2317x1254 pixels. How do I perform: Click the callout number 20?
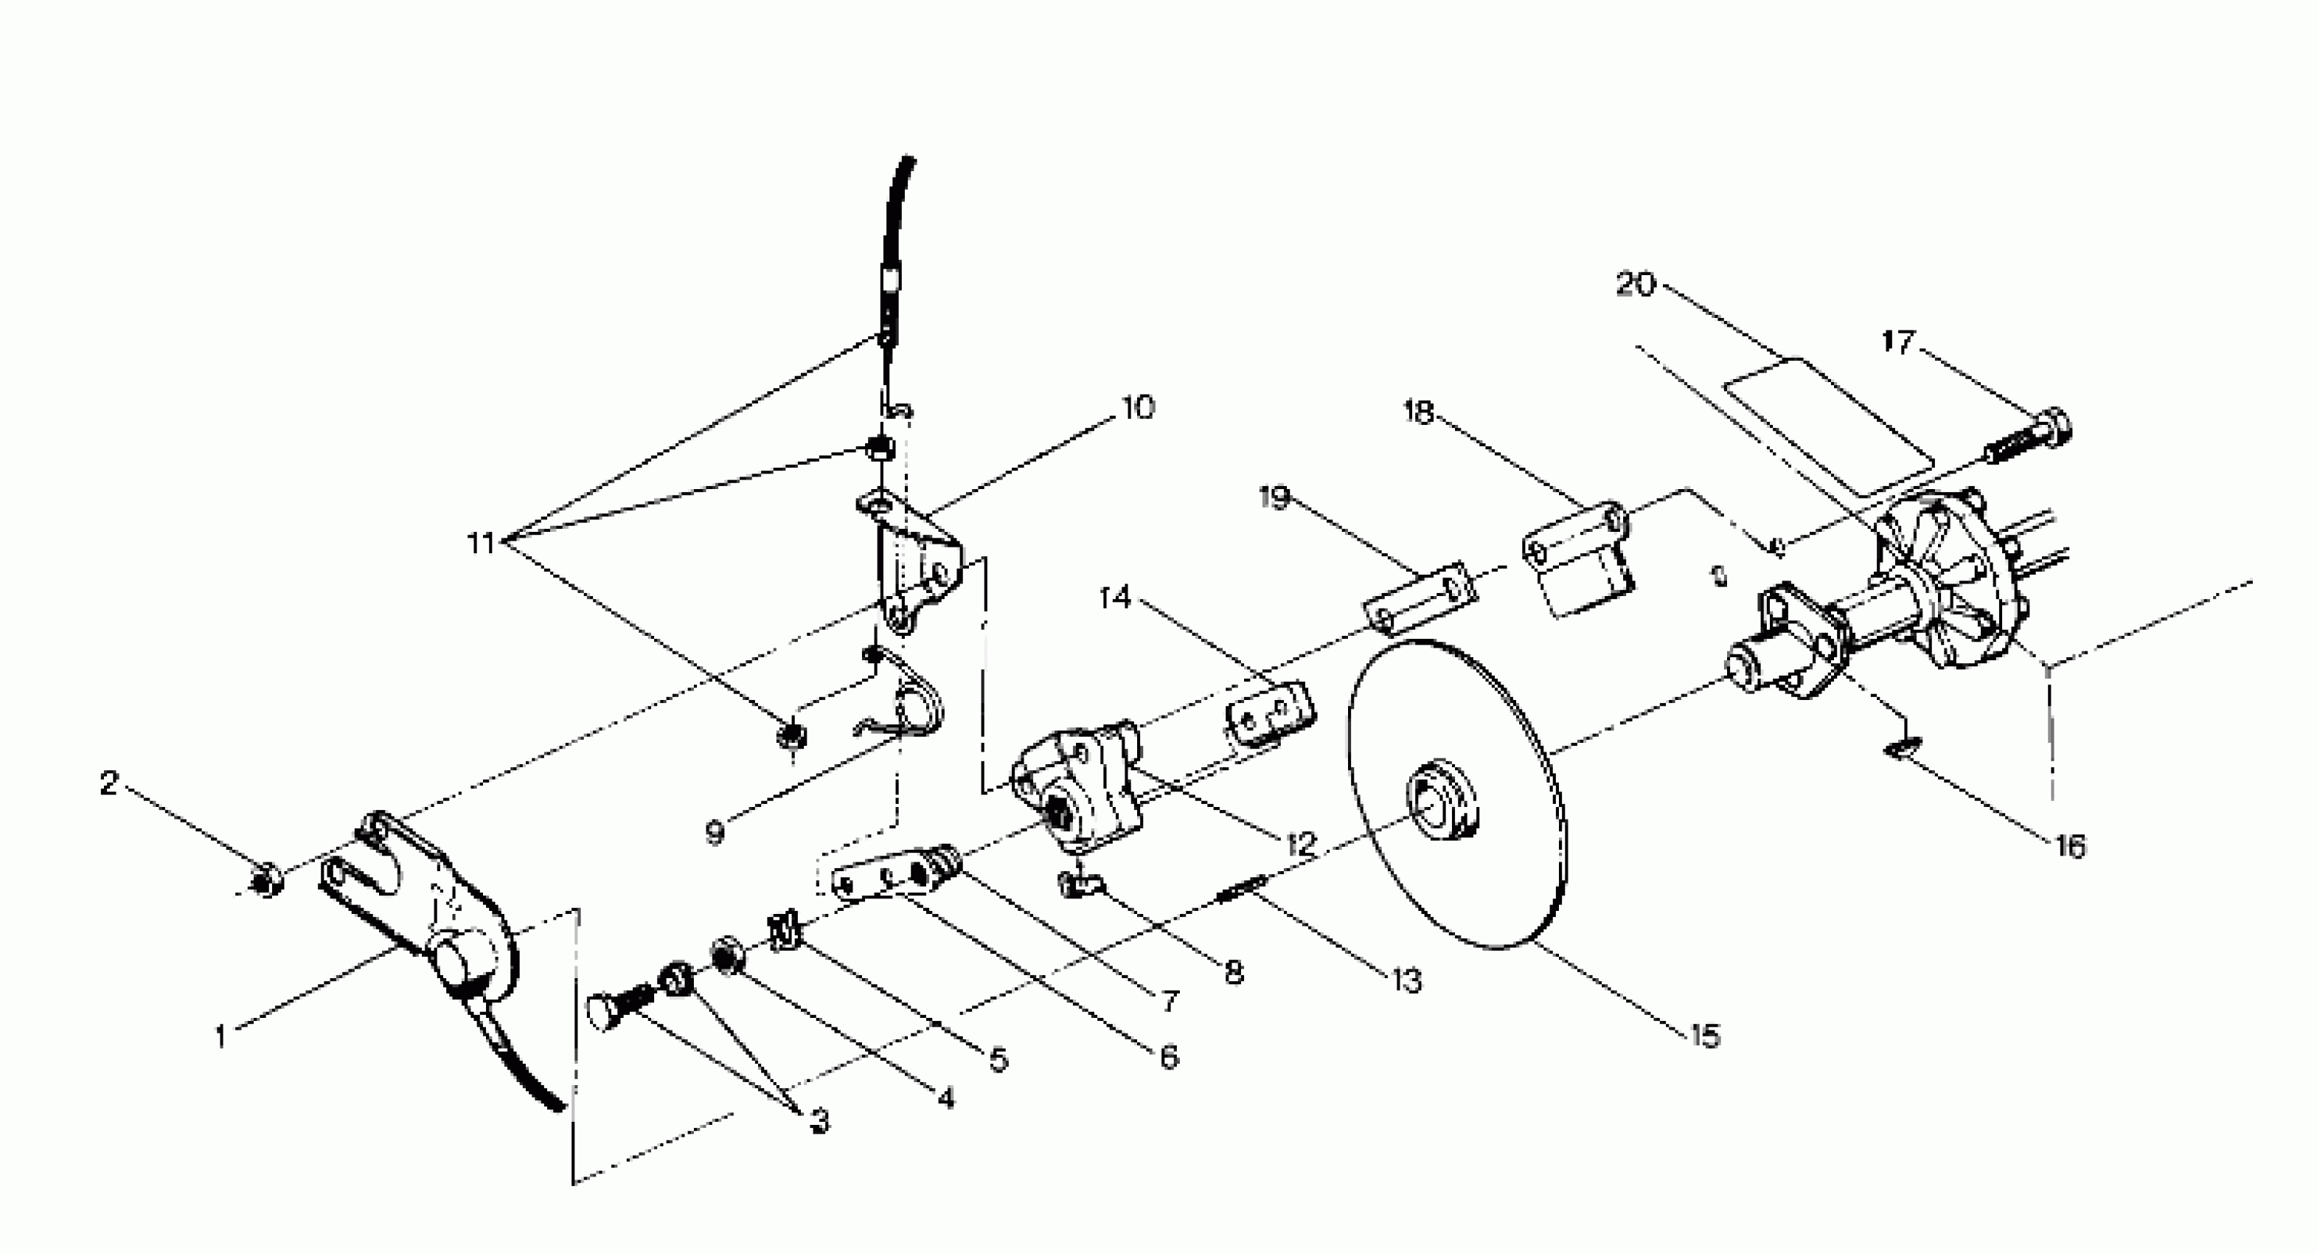click(1635, 284)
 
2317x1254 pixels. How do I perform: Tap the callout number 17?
click(1898, 342)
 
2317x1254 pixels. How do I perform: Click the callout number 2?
click(109, 783)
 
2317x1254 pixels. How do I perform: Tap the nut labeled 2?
click(265, 880)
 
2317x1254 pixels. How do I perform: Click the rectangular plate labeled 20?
click(1827, 425)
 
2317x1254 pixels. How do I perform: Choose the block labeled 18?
click(1579, 558)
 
